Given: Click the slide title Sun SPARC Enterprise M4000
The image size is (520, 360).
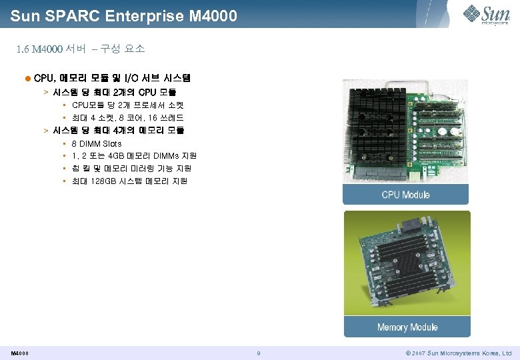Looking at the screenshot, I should click(124, 15).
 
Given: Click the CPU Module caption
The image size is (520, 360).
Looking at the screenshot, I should click(405, 195).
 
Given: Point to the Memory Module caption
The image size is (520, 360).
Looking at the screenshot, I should click(407, 327).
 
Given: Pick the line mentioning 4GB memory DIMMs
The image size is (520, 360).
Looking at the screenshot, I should click(134, 156).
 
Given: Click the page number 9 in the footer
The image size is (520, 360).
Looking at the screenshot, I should click(258, 353).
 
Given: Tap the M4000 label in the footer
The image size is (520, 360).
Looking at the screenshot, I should click(19, 353).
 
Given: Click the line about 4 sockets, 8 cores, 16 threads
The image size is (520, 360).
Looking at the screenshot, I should click(127, 118).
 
